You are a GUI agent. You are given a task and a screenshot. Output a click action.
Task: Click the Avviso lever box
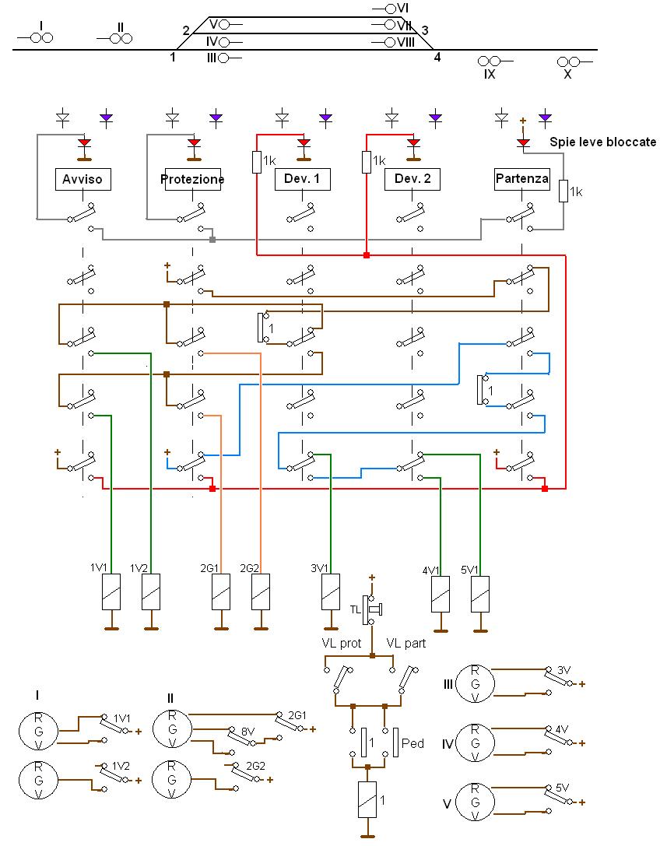click(x=83, y=180)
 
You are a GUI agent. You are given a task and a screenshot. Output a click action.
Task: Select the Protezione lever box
click(x=193, y=180)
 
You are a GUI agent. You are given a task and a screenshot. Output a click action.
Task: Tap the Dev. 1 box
click(x=303, y=180)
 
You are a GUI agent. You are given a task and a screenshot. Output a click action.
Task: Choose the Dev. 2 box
click(x=412, y=180)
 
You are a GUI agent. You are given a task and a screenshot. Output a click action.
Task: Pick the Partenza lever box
click(x=521, y=179)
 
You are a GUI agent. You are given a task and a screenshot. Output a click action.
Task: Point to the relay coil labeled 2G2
click(x=261, y=594)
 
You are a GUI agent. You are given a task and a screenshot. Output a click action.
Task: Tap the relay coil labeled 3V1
click(x=331, y=594)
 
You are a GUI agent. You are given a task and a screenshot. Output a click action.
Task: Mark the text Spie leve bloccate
click(x=602, y=142)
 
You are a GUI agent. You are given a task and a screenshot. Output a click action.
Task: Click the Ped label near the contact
click(x=412, y=743)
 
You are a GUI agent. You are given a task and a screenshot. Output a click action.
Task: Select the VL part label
click(x=406, y=644)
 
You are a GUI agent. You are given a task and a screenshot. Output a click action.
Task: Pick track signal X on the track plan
click(x=567, y=61)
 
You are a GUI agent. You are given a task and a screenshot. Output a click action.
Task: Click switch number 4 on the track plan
click(x=437, y=56)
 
